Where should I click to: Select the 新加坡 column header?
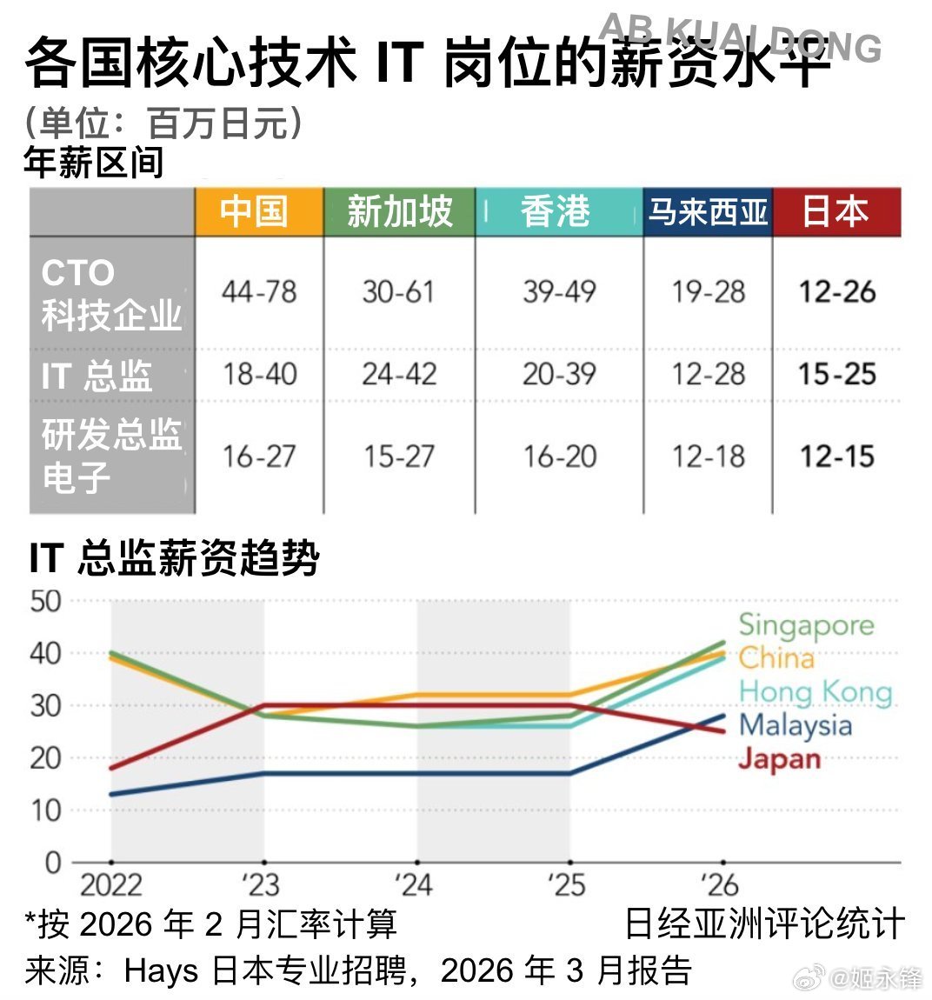coord(399,211)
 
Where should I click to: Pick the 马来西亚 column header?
coord(708,211)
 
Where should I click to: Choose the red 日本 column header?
coord(836,211)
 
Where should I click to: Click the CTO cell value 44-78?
coord(259,292)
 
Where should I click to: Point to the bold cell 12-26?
coord(837,292)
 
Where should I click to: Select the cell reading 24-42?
coord(399,375)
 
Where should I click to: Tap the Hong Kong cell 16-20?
coord(559,457)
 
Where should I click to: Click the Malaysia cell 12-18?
coord(708,457)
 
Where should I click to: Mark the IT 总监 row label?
coord(97,376)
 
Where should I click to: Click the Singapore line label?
coord(806,625)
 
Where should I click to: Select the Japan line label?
coord(779,758)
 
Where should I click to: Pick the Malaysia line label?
coord(795,725)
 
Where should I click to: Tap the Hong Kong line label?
coord(815,692)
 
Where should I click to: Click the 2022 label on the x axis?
coord(110,885)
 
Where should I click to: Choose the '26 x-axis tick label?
coord(718,885)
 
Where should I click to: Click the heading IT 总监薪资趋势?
coord(174,558)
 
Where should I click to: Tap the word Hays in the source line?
coord(163,970)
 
